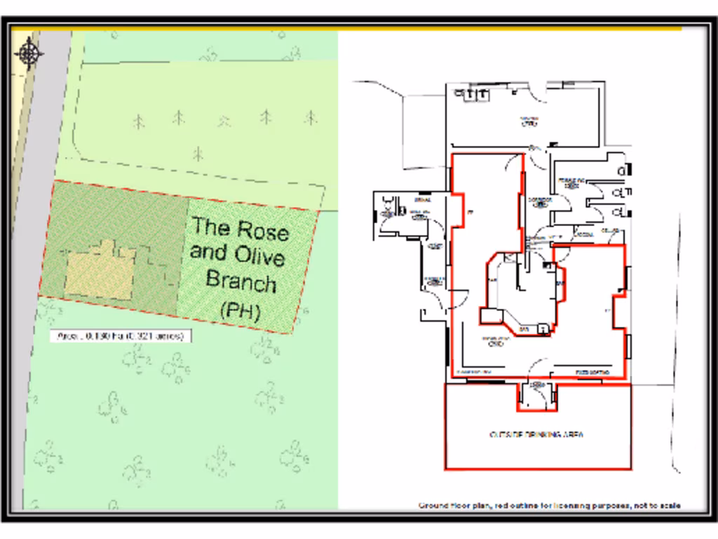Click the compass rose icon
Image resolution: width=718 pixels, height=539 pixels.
pyautogui.click(x=29, y=52)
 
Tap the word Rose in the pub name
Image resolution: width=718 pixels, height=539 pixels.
pyautogui.click(x=262, y=229)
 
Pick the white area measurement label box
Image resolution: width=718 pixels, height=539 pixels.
pyautogui.click(x=121, y=336)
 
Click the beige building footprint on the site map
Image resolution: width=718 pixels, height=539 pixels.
pyautogui.click(x=98, y=273)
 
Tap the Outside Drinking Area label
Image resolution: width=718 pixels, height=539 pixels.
pyautogui.click(x=537, y=434)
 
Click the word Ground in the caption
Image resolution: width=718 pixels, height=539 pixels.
pyautogui.click(x=435, y=505)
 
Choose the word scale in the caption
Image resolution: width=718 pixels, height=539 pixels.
pyautogui.click(x=670, y=505)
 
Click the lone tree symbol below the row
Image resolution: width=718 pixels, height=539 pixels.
pyautogui.click(x=198, y=152)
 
